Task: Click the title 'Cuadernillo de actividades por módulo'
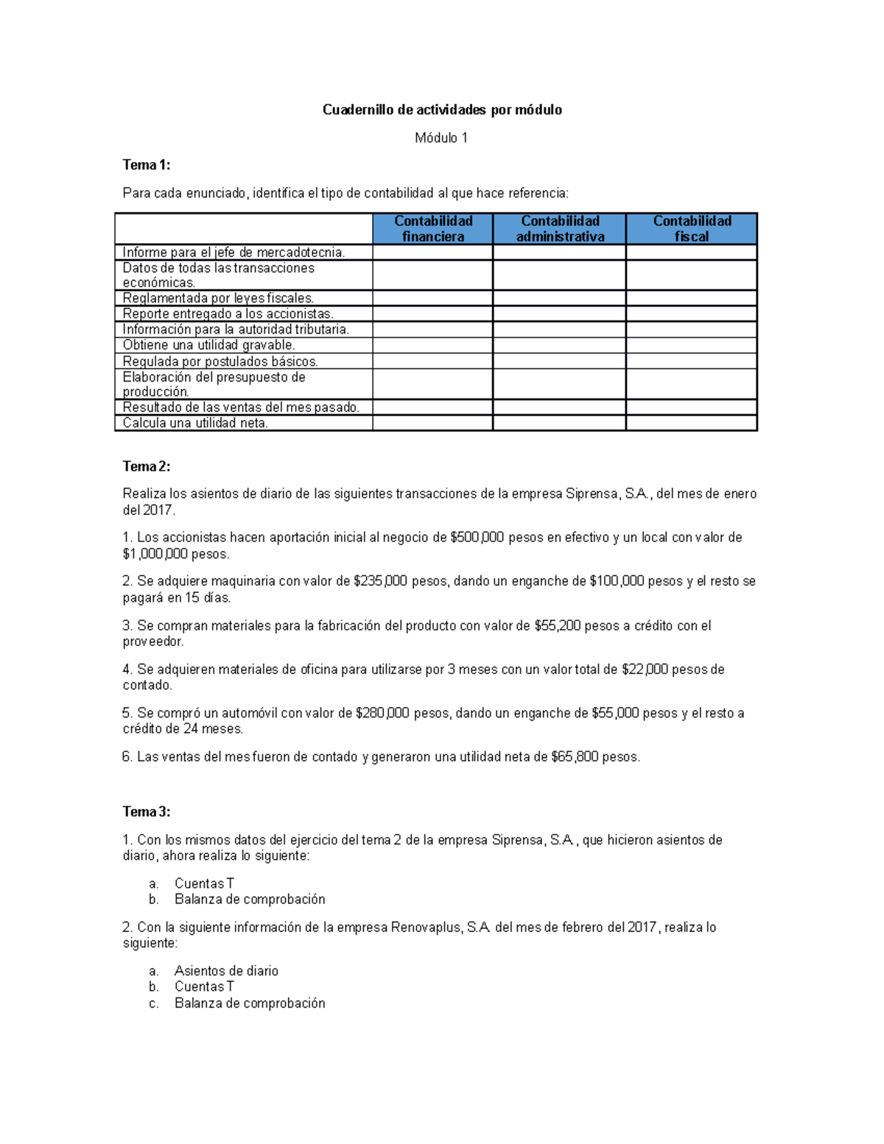(442, 110)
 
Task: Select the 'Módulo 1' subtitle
(441, 138)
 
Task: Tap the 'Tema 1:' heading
(146, 165)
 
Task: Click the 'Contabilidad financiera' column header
(433, 228)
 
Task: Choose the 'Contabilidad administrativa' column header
(560, 228)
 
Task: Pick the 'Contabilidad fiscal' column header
(692, 228)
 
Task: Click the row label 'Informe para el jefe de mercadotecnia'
(234, 253)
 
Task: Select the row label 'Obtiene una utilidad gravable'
(208, 345)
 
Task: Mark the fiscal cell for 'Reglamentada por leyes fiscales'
(691, 298)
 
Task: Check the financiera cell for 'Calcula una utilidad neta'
(432, 423)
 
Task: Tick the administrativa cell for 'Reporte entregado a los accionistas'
(559, 314)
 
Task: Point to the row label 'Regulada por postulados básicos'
(220, 362)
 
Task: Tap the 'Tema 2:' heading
(146, 466)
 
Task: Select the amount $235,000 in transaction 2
(380, 581)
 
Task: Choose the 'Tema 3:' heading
(146, 812)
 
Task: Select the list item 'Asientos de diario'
(226, 971)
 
